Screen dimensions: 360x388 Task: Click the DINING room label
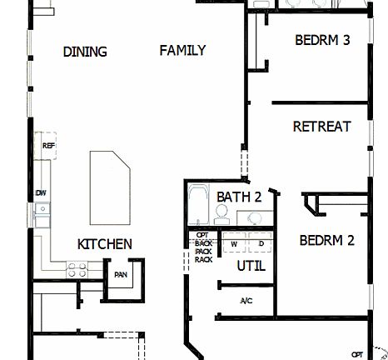85,52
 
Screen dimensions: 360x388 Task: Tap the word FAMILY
182,51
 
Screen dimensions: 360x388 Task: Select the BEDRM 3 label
322,40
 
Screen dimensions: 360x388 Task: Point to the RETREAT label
321,127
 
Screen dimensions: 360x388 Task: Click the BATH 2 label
240,197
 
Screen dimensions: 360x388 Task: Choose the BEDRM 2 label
327,241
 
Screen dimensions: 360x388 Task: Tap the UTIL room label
251,267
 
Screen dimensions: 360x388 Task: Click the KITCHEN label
104,244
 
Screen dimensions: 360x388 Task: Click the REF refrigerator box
48,144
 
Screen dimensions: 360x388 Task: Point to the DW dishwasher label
40,193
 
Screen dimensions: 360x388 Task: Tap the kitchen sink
41,215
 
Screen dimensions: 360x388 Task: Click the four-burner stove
77,270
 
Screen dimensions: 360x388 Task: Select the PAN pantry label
121,274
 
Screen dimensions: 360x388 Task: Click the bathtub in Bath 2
198,205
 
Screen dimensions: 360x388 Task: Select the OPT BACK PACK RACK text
202,247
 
